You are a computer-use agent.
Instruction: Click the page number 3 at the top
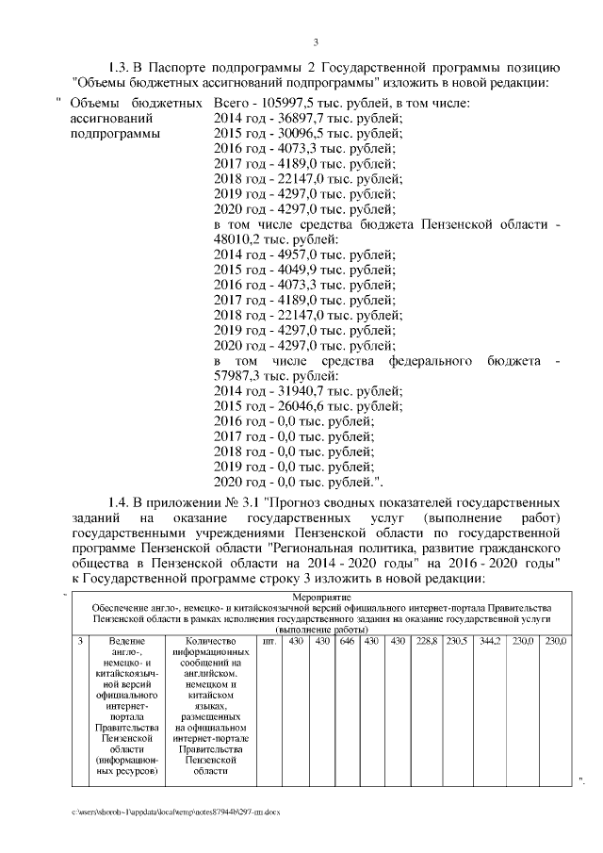[317, 41]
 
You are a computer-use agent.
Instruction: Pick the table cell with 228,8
[427, 641]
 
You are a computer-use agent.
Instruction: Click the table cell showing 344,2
[489, 641]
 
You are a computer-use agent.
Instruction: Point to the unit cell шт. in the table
[270, 641]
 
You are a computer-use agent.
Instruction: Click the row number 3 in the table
[80, 641]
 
